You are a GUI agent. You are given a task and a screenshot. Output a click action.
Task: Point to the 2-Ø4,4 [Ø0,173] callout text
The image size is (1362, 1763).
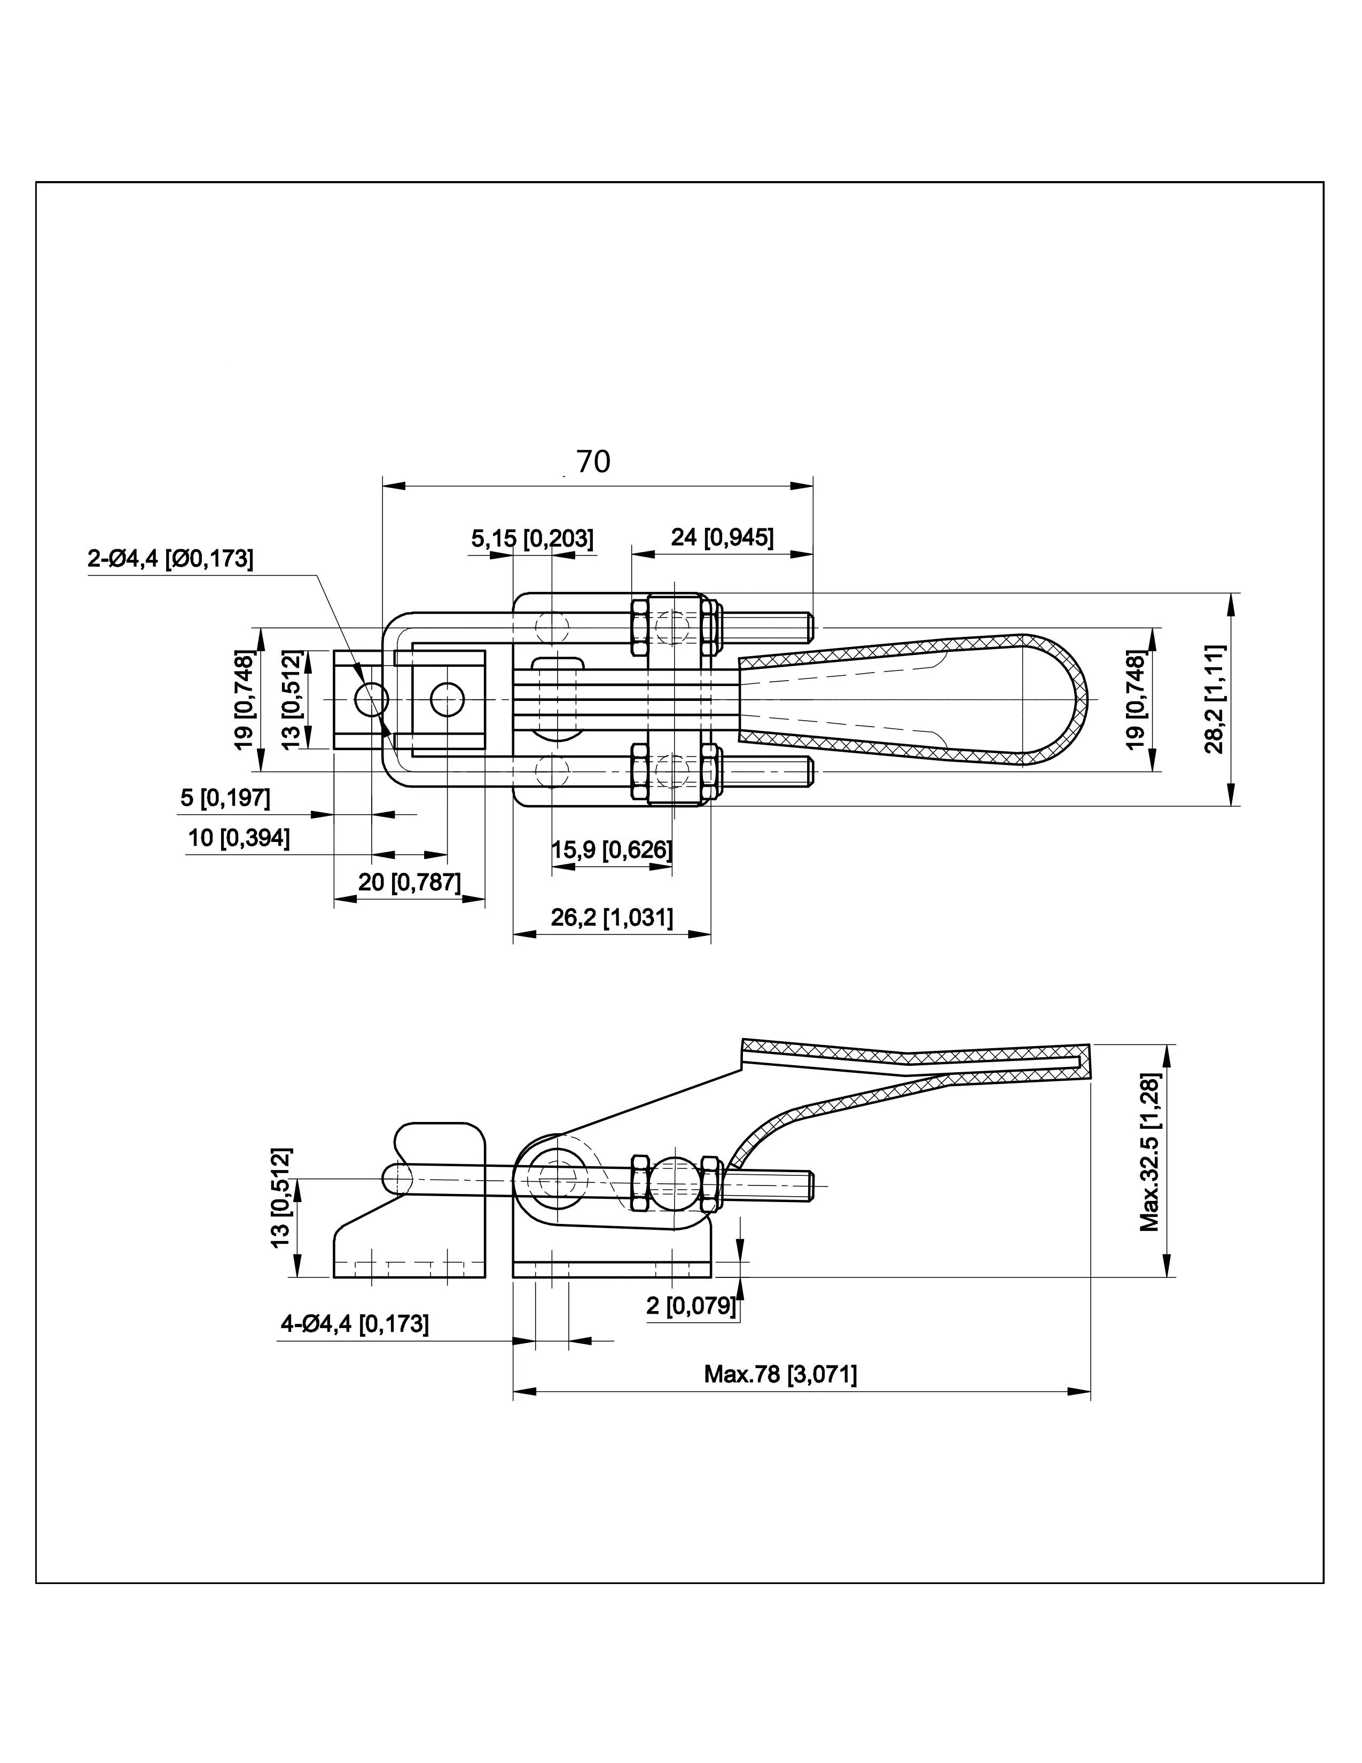pos(170,559)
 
